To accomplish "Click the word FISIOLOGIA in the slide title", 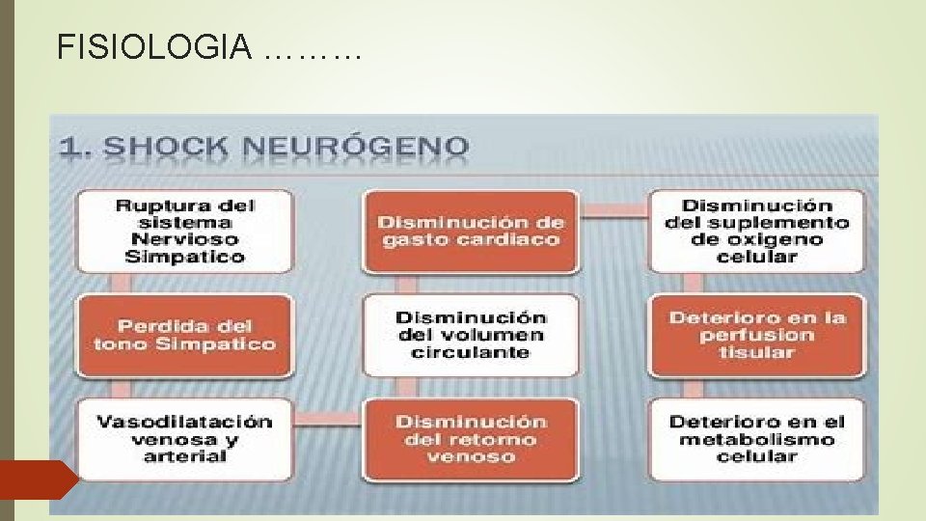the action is (154, 45).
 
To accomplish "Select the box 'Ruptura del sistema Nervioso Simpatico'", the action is (184, 231).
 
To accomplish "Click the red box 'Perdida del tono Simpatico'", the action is (184, 335).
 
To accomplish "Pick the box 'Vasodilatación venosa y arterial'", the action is (184, 439).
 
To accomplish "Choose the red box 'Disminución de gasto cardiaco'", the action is (471, 231).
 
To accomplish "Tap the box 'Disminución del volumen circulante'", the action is (471, 335).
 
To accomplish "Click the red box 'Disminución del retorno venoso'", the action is (471, 439).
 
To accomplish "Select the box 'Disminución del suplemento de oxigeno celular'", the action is (756, 231).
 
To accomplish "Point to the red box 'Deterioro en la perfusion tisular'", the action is (756, 335).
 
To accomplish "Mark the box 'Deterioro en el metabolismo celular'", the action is (756, 439).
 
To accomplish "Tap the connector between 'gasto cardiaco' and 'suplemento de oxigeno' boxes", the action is (613, 207).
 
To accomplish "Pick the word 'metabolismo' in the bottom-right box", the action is (756, 439).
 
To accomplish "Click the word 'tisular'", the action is (756, 353).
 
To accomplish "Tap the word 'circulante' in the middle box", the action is (471, 353).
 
